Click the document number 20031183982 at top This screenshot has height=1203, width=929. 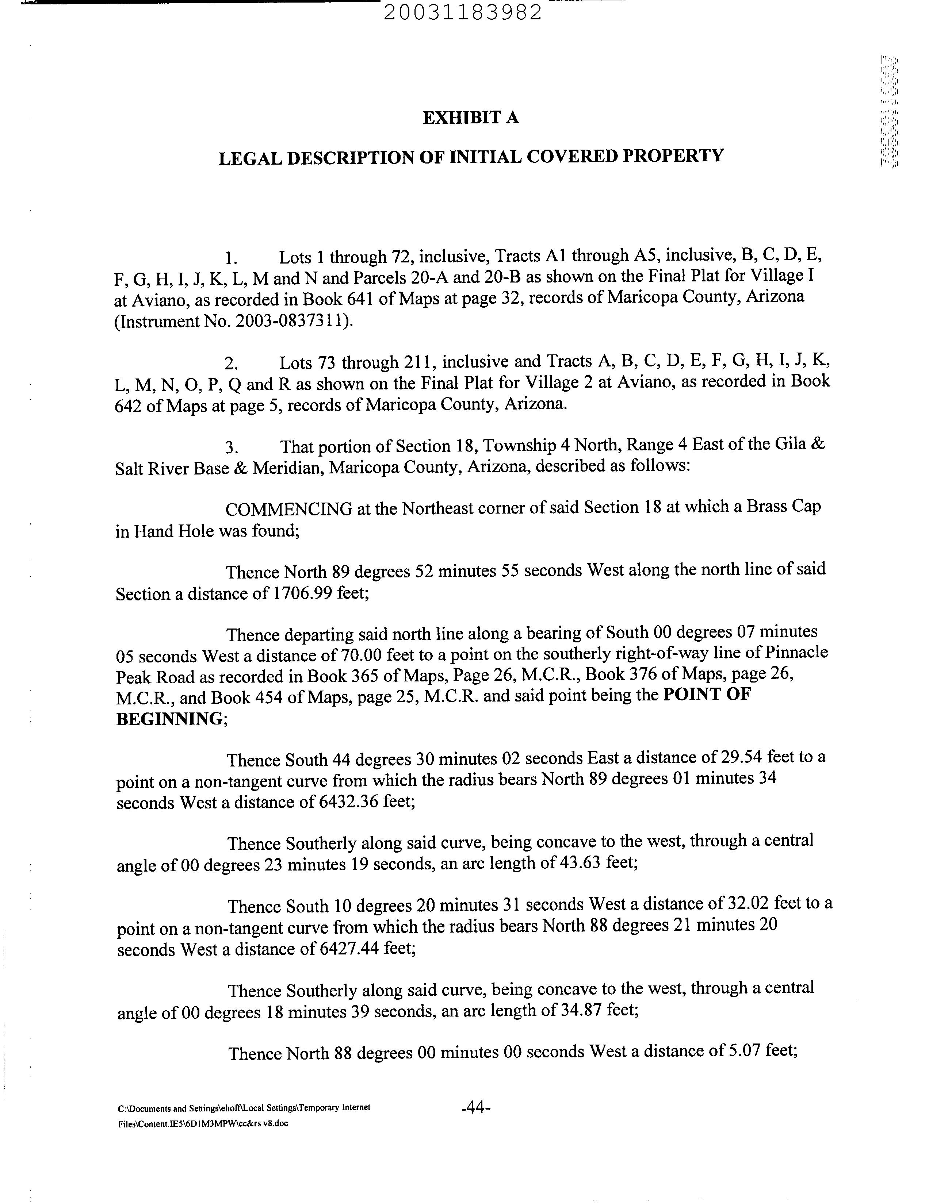(x=462, y=12)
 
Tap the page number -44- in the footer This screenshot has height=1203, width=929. (x=475, y=1107)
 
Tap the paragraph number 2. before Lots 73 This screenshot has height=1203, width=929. (x=231, y=364)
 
